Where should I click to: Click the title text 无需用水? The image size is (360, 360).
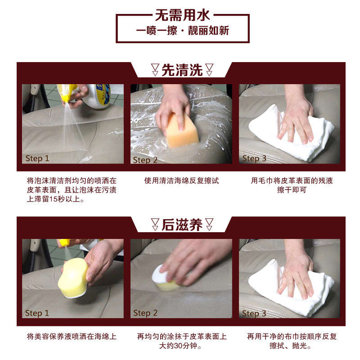(x=182, y=16)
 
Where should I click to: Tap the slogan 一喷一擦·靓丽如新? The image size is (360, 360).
(x=182, y=31)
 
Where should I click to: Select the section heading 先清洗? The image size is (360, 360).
(x=182, y=71)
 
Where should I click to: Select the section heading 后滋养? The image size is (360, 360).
(x=182, y=225)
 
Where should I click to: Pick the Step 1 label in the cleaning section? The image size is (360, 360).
(x=37, y=158)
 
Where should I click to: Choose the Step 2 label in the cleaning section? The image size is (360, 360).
(x=145, y=160)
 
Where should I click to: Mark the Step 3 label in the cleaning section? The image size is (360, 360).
(x=254, y=158)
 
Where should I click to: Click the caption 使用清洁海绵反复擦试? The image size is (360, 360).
(x=181, y=181)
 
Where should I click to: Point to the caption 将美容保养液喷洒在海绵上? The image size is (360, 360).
(x=72, y=337)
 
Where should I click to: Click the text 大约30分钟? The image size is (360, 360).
(x=181, y=346)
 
